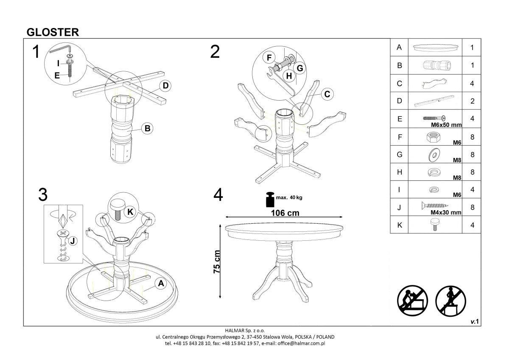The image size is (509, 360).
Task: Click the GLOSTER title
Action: click(52, 32)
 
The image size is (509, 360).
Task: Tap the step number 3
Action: click(42, 194)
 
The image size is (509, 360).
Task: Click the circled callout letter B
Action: click(146, 128)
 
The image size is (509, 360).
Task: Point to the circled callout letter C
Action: click(327, 94)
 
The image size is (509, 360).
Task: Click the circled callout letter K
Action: click(131, 211)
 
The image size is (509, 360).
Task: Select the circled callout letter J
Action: click(73, 241)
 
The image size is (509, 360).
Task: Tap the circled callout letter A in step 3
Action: click(161, 284)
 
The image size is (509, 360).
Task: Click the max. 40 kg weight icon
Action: click(269, 199)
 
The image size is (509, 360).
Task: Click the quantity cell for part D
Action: click(472, 101)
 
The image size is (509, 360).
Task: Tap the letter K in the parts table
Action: click(399, 225)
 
